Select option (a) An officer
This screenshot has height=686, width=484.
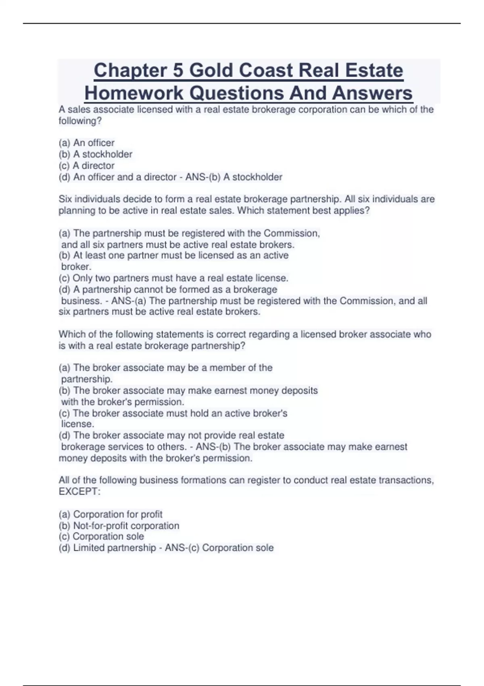pyautogui.click(x=87, y=143)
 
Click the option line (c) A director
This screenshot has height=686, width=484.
pyautogui.click(x=87, y=165)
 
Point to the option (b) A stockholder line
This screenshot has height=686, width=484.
pyautogui.click(x=96, y=154)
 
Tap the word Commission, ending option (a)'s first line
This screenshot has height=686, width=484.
pyautogui.click(x=292, y=233)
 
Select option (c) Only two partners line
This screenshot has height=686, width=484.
pyautogui.click(x=173, y=278)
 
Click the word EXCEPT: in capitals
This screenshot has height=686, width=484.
pyautogui.click(x=79, y=491)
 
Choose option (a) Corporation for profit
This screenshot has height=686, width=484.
pyautogui.click(x=111, y=514)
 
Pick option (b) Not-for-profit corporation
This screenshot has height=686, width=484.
pyautogui.click(x=119, y=525)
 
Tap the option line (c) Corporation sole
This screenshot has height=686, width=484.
pyautogui.click(x=101, y=536)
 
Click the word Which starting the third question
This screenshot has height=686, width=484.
pyautogui.click(x=72, y=334)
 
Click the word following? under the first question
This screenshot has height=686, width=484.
pyautogui.click(x=80, y=121)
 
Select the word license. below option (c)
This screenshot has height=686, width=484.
pyautogui.click(x=77, y=424)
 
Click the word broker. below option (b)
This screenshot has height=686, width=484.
pyautogui.click(x=76, y=266)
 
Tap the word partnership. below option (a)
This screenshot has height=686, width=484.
pyautogui.click(x=87, y=379)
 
